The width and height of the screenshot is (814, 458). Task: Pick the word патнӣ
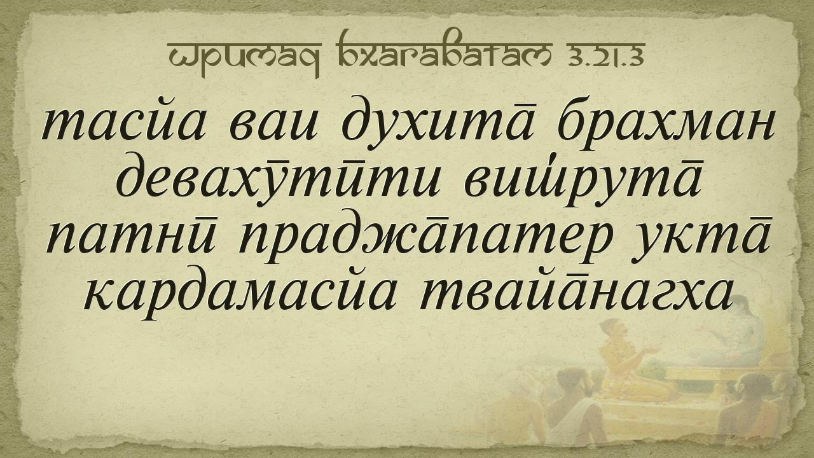coord(132,239)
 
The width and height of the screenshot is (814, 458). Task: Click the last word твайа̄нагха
coord(575,294)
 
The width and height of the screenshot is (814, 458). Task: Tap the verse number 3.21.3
coord(607,57)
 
